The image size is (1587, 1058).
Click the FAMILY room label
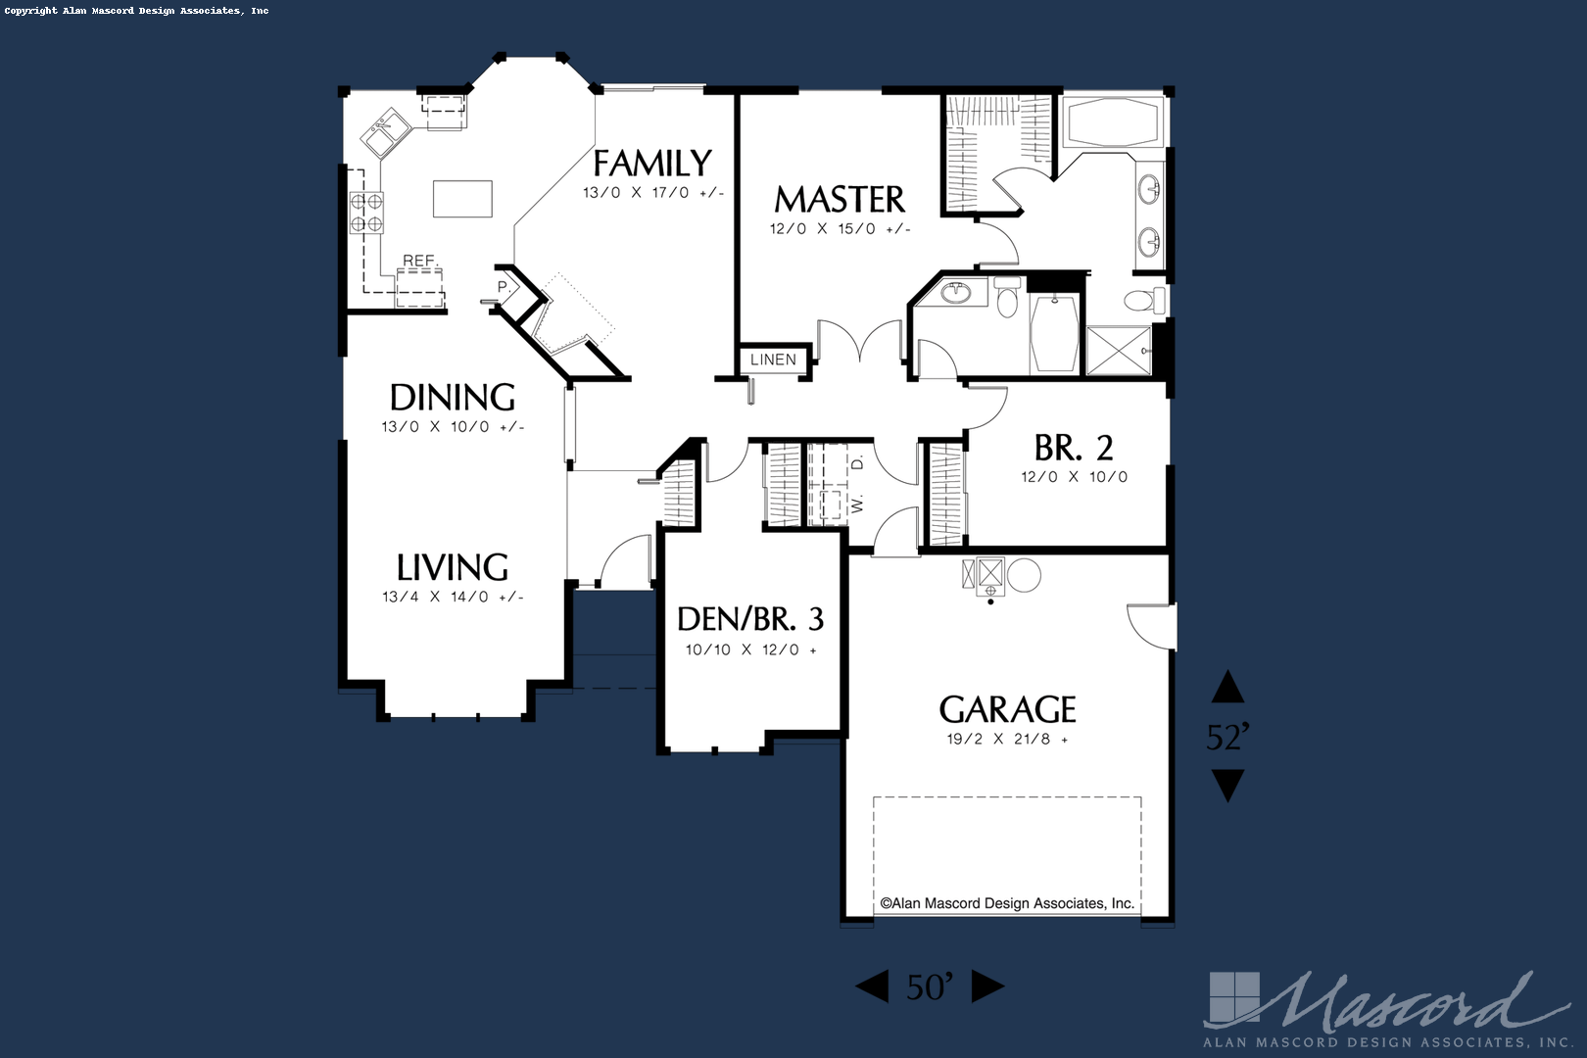[x=651, y=163]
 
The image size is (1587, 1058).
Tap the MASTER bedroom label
[x=840, y=199]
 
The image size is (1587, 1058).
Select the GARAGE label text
[x=1007, y=709]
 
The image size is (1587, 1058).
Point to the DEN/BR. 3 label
[x=750, y=619]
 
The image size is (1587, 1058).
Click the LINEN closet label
[x=773, y=360]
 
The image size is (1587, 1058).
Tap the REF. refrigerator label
[x=420, y=261]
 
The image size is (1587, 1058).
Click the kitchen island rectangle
[x=462, y=199]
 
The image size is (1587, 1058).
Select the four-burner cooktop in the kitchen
[x=366, y=213]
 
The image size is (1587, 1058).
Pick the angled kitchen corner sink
[x=385, y=132]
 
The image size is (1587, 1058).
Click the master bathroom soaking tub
[x=1113, y=122]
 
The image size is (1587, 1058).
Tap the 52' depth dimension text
[x=1227, y=737]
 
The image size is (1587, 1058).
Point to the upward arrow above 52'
[x=1227, y=687]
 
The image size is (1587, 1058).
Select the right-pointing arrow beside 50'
[x=987, y=986]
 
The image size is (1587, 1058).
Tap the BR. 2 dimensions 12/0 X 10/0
[x=1074, y=477]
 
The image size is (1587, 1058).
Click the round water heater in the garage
[x=1024, y=575]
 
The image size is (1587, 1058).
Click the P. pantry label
[x=504, y=287]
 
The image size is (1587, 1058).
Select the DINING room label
[x=452, y=398]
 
